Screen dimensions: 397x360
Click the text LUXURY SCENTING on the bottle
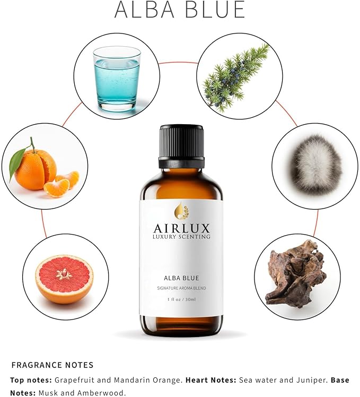(181, 236)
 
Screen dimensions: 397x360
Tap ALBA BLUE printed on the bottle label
(181, 278)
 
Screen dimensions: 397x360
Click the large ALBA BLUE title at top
(180, 11)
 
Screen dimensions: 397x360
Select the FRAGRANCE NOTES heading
(52, 365)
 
